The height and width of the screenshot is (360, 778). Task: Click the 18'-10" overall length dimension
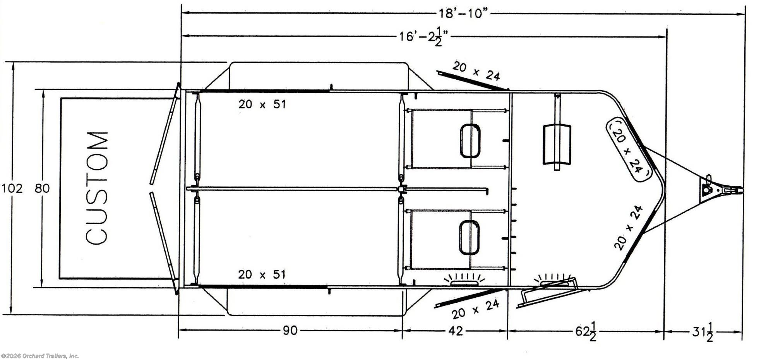[x=462, y=14]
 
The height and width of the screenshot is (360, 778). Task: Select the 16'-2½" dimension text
[x=423, y=37]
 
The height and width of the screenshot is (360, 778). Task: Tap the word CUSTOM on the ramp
[x=97, y=188]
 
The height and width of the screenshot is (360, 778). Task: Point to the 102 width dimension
[x=12, y=189]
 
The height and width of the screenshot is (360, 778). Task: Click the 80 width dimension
[x=42, y=189]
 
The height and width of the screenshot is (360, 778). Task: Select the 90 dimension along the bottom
[x=290, y=331]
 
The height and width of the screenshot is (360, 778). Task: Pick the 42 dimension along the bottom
[x=455, y=331]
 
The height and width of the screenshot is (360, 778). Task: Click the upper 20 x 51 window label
[x=262, y=104]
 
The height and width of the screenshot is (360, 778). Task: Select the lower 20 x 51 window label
[x=262, y=274]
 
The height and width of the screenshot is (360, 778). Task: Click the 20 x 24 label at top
[x=476, y=71]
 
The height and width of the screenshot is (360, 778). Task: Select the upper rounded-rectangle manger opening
[x=470, y=141]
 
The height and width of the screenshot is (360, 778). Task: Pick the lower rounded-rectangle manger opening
[x=470, y=237]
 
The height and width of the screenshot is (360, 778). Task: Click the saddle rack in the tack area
[x=557, y=144]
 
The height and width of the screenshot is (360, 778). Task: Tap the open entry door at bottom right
[x=548, y=293]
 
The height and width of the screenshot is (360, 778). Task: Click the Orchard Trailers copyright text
[x=40, y=356]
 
